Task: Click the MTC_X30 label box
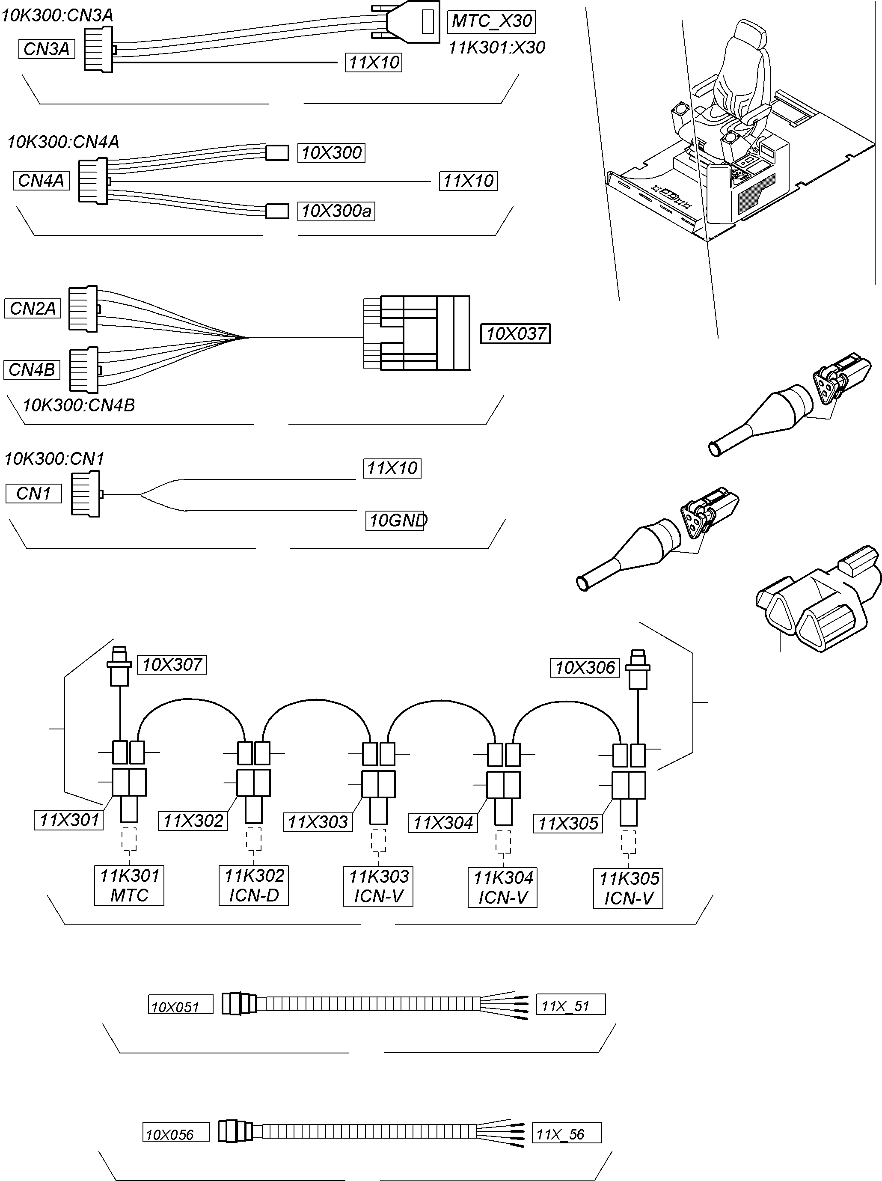[x=491, y=21]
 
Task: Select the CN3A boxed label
[x=47, y=49]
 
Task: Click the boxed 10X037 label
[x=515, y=334]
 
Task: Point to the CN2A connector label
[x=33, y=308]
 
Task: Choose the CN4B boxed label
[x=32, y=369]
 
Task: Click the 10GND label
[x=395, y=520]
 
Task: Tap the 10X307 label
[x=172, y=665]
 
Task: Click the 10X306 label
[x=585, y=667]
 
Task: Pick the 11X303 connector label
[x=318, y=822]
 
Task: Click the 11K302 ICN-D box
[x=254, y=885]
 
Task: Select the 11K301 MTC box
[x=129, y=885]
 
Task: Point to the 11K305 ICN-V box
[x=628, y=888]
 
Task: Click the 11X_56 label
[x=567, y=1134]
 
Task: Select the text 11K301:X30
[x=496, y=48]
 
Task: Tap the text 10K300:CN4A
[x=63, y=142]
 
